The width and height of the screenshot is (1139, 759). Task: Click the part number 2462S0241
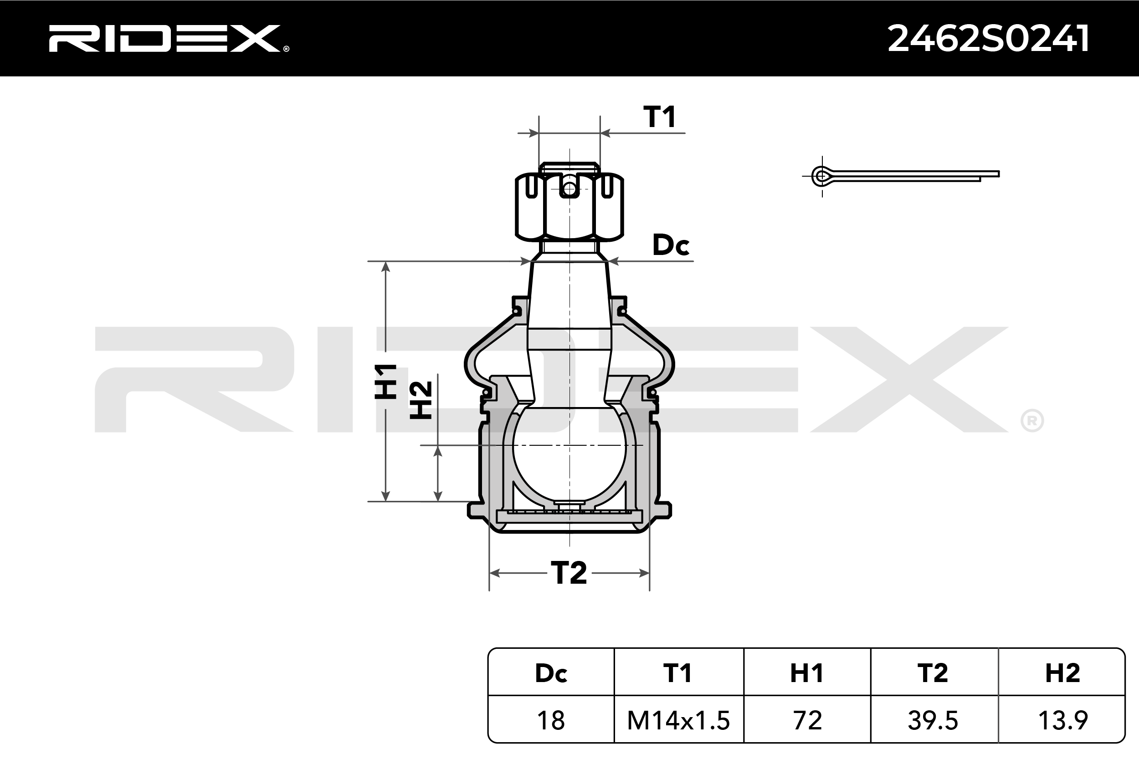point(988,38)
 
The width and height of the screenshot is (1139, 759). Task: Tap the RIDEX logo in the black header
point(169,38)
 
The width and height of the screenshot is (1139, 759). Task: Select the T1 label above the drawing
point(660,117)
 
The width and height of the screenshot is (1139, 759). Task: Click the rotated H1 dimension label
point(386,382)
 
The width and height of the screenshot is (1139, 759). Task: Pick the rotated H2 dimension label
point(421,400)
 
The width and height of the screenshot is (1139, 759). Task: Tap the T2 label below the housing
point(569,573)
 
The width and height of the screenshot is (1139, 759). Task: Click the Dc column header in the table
point(551,673)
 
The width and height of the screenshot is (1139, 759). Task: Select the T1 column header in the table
point(677,673)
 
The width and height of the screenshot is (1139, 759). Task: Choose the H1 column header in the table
point(807,673)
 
